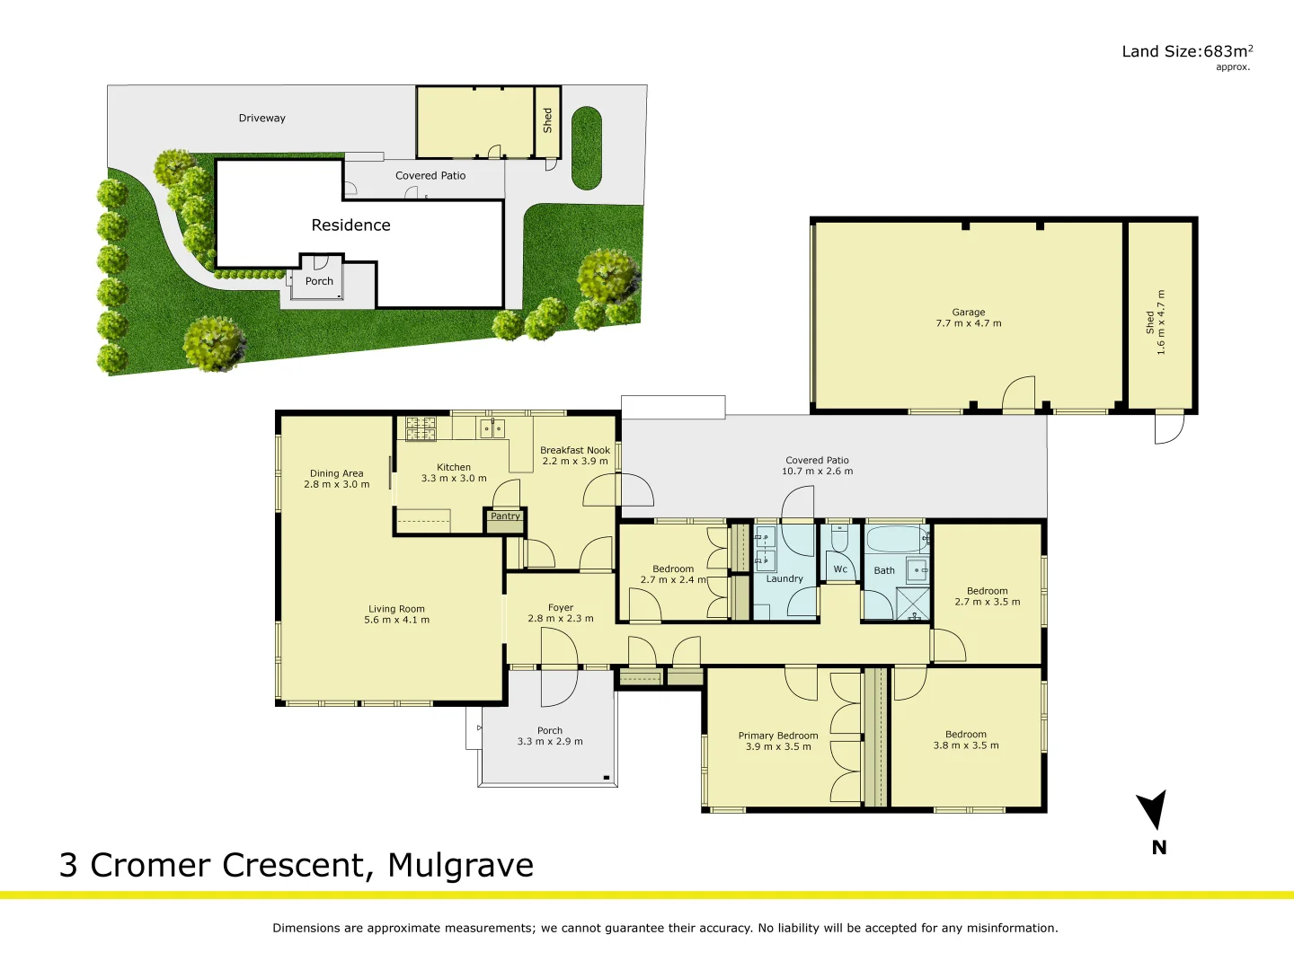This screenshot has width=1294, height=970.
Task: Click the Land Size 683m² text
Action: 1186,52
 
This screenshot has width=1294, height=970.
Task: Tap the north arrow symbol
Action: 1153,809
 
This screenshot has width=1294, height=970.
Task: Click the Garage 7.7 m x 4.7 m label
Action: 968,318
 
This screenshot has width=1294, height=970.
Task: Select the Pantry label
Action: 505,516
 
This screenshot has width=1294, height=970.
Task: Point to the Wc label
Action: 840,569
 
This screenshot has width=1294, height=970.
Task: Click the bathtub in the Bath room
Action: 895,540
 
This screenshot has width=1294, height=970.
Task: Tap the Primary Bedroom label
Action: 778,741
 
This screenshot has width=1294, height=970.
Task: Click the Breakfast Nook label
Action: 575,455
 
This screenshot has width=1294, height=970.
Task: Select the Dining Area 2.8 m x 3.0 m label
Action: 336,479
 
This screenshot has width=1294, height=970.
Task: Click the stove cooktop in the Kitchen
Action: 421,428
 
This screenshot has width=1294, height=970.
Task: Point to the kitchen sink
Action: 492,428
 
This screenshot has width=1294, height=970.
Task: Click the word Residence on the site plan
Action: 350,225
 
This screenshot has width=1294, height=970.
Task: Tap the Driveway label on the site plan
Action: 261,118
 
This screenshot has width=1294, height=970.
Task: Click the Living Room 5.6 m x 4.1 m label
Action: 396,614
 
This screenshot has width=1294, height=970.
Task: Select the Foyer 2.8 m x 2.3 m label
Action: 560,613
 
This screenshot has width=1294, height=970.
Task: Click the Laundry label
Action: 784,579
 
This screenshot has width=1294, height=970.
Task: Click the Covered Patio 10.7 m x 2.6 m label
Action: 817,465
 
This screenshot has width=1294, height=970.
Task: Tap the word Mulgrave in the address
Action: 460,865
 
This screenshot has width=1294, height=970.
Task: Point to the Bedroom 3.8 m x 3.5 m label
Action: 965,740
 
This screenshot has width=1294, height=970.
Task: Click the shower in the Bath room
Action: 913,604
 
